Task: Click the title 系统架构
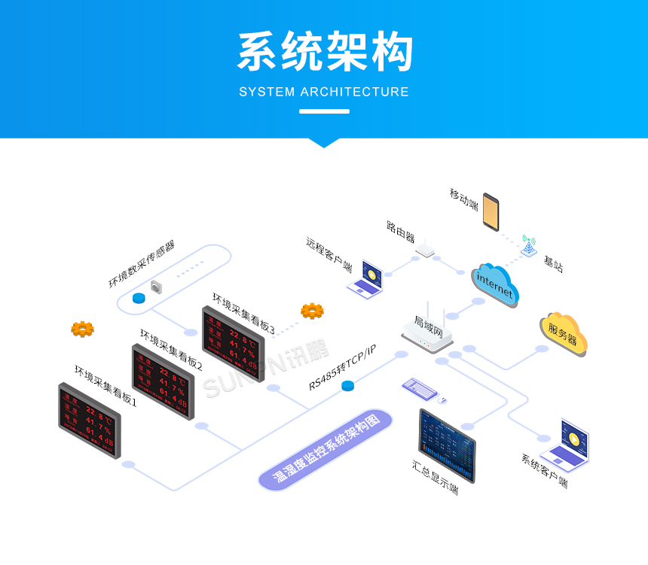coord(325,52)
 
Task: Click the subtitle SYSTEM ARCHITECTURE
coord(324,92)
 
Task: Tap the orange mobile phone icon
coord(491,211)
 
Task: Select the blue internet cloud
coord(496,284)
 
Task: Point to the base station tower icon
coord(529,245)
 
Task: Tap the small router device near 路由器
coord(426,249)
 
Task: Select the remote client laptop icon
coord(367,278)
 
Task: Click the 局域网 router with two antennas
coord(427,330)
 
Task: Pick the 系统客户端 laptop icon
coord(566,444)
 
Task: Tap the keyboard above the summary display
coord(421,387)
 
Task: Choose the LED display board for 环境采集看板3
coord(234,343)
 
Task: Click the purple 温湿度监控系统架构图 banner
coord(326,450)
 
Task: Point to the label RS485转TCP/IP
coord(342,366)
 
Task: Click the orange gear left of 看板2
coord(82,329)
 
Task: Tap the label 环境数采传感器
coord(142,266)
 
